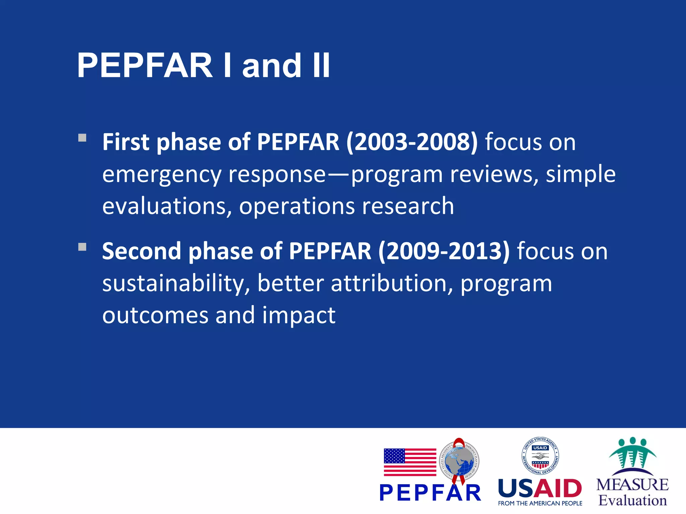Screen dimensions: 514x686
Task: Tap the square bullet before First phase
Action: click(82, 138)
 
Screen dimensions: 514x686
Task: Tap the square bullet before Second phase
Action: click(82, 247)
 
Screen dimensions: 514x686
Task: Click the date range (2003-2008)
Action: click(412, 142)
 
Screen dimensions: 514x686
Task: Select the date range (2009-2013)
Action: click(444, 251)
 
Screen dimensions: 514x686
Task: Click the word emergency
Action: click(161, 175)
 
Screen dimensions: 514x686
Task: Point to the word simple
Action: click(580, 175)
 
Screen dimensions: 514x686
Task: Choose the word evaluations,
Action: click(167, 206)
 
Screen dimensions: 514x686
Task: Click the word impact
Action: click(298, 315)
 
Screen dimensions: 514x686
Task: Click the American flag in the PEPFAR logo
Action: click(410, 462)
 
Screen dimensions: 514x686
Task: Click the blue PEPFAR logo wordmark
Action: click(430, 493)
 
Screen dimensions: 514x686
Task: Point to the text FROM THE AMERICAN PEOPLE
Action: click(540, 503)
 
